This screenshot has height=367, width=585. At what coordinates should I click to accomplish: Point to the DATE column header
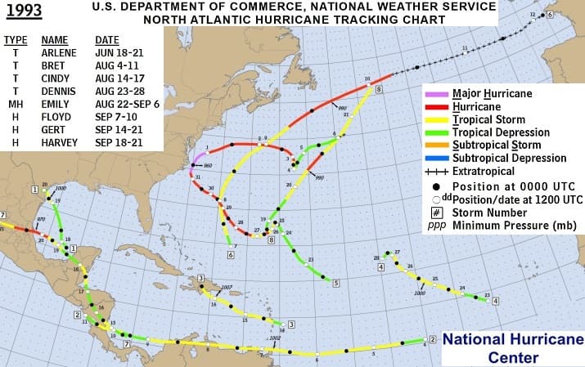coord(107,38)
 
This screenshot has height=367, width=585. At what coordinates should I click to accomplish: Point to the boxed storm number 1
coord(34,190)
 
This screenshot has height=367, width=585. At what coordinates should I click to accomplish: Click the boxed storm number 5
coord(336,284)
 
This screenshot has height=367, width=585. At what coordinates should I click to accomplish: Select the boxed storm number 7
coord(127,344)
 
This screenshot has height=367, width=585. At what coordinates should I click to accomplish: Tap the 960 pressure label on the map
coord(208,165)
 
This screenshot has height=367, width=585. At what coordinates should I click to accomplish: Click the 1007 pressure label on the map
coord(227,286)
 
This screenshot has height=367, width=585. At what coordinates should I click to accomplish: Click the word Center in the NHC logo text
coord(513,357)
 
